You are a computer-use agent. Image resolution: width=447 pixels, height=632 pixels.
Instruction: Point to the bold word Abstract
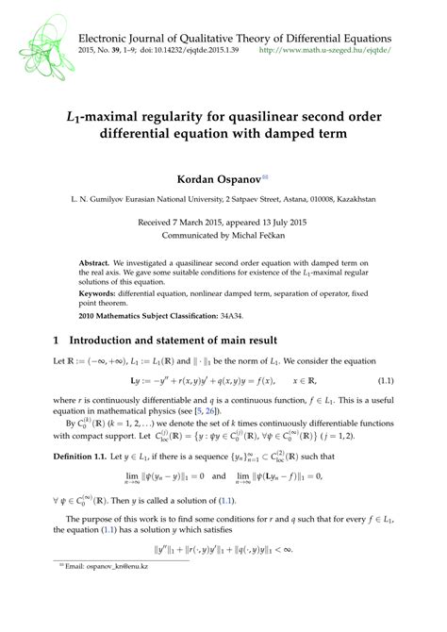coord(92,260)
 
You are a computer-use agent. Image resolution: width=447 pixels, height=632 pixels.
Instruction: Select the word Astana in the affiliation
coord(282,200)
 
